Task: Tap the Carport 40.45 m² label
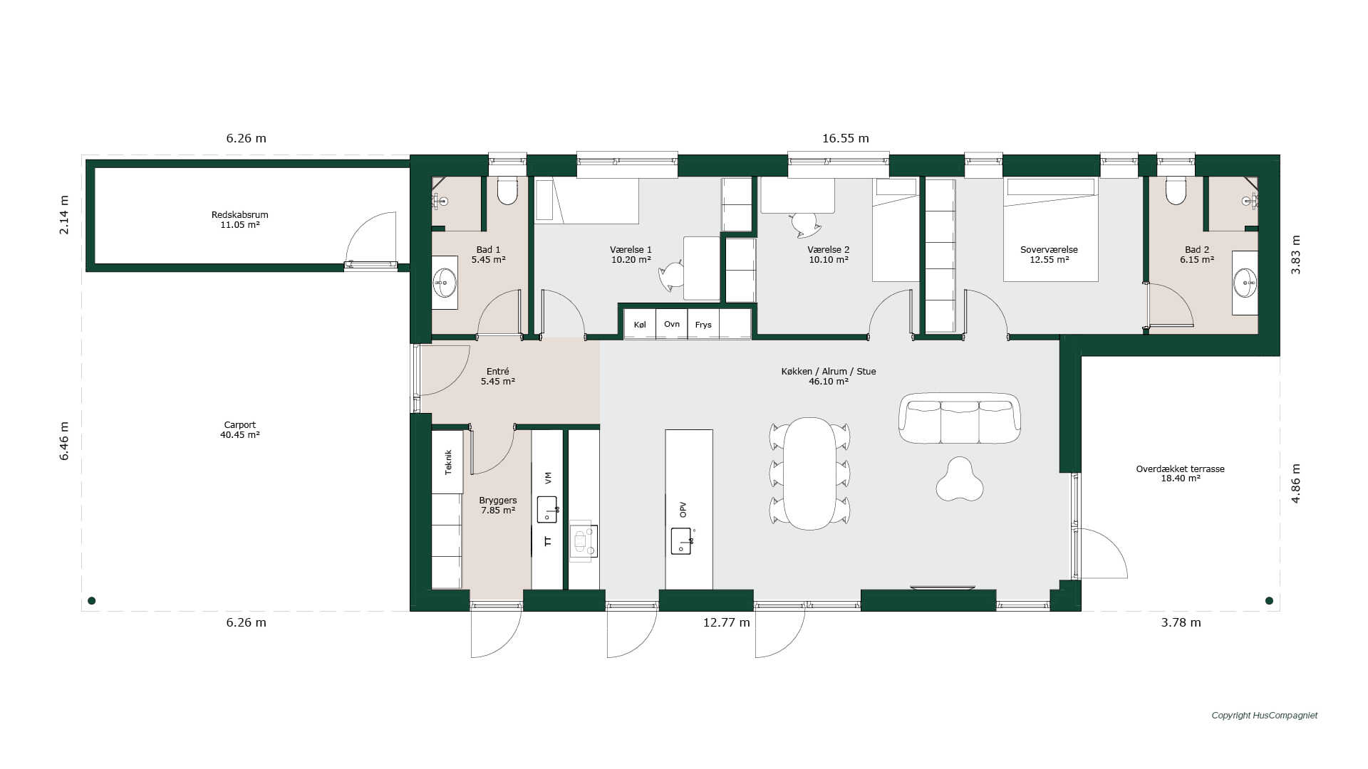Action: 239,429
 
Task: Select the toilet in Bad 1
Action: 507,191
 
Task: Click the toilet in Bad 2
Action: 1176,191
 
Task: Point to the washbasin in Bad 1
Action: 445,283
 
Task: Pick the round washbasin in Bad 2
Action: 1245,283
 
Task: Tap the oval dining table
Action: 809,474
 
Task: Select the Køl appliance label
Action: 640,325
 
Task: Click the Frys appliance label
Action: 703,325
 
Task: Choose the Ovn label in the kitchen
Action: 672,324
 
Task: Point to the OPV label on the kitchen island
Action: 683,510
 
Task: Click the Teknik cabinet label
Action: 448,462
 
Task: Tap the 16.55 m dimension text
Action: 846,138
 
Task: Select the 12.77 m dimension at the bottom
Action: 727,622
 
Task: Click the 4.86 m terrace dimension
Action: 1296,483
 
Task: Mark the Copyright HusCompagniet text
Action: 1265,716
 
